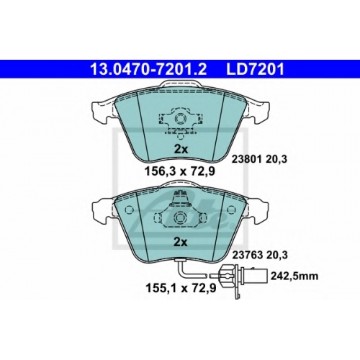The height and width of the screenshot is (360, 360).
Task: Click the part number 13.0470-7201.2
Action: [148, 69]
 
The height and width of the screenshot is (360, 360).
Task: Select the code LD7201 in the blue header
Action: [255, 69]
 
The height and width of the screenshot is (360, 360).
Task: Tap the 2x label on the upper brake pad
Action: [181, 150]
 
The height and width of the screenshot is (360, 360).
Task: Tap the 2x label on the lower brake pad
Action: [181, 243]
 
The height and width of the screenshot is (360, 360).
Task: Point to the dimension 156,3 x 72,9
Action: [180, 171]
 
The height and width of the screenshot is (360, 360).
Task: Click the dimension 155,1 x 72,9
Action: [181, 288]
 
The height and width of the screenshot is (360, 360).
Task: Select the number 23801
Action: [246, 159]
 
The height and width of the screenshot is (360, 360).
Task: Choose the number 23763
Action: [246, 255]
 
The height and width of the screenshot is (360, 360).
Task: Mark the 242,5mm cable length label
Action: [294, 276]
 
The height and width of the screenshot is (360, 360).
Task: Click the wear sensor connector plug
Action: [243, 276]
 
